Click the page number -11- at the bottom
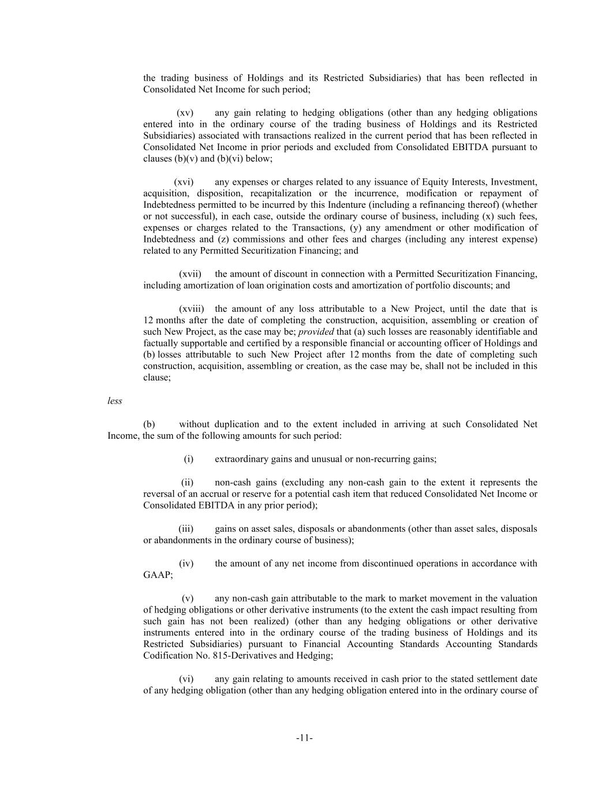point(304,737)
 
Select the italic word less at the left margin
point(115,401)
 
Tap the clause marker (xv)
point(185,113)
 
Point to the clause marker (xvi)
point(184,182)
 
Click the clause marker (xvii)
point(190,274)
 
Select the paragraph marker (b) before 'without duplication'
point(149,424)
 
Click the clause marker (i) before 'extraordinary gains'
point(188,459)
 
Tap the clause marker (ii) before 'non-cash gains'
point(187,483)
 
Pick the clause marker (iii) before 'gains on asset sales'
point(186,529)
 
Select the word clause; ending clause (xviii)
point(157,378)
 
